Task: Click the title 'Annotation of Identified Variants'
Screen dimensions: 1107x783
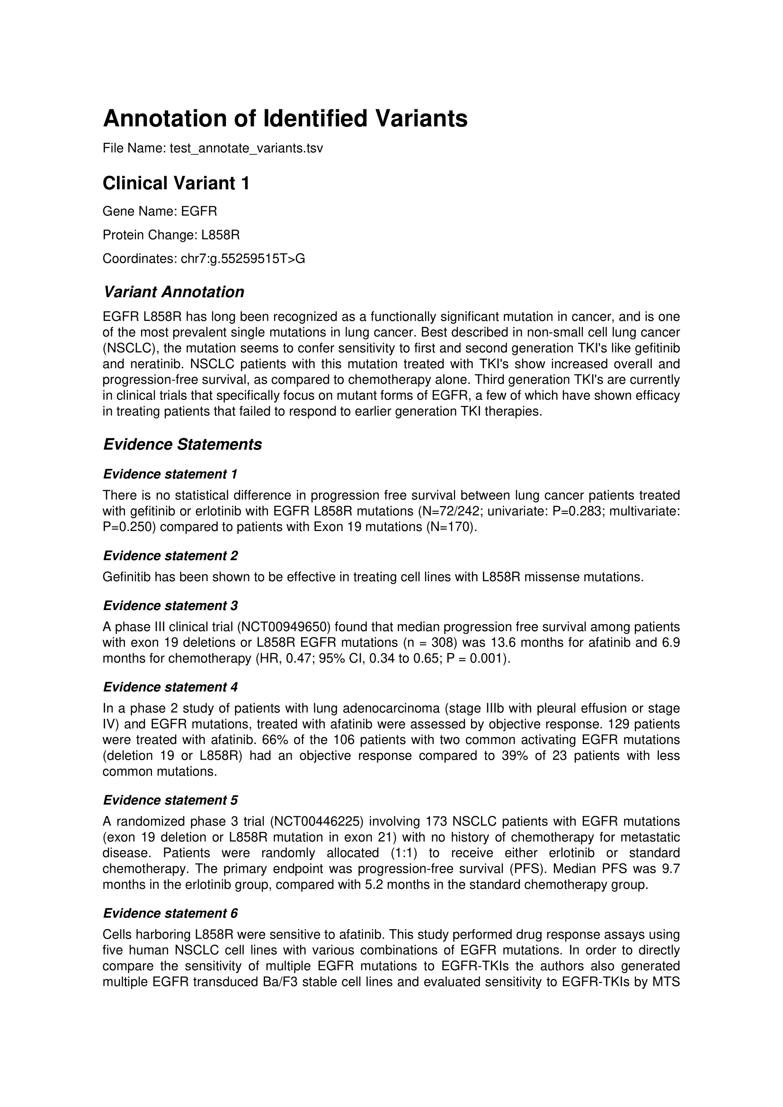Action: pyautogui.click(x=285, y=119)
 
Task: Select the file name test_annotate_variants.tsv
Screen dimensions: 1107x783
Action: pyautogui.click(x=246, y=148)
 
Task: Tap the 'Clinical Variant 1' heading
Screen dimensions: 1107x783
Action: pyautogui.click(x=176, y=183)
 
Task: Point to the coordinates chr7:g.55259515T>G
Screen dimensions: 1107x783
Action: pyautogui.click(x=242, y=259)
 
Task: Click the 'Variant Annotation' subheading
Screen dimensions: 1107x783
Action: pyautogui.click(x=174, y=292)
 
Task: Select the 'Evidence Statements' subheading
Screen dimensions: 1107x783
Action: pyautogui.click(x=182, y=444)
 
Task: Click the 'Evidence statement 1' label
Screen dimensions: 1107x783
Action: pyautogui.click(x=170, y=474)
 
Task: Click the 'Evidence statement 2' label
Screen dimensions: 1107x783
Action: pyautogui.click(x=170, y=556)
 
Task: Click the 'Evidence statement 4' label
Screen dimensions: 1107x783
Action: pyautogui.click(x=170, y=687)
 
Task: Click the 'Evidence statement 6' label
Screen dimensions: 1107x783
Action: pyautogui.click(x=170, y=913)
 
